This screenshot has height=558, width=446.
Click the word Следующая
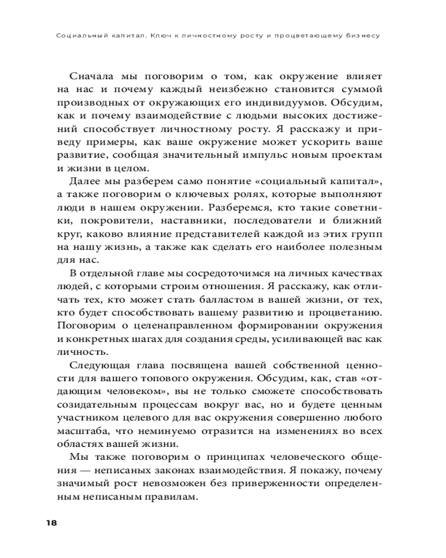[x=99, y=365]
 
